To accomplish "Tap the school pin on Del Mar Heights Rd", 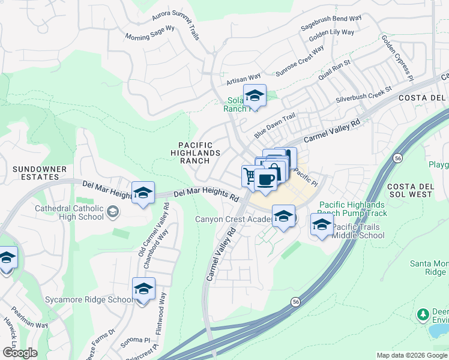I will [143, 193].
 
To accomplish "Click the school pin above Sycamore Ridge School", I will [143, 289].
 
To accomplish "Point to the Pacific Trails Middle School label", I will [358, 231].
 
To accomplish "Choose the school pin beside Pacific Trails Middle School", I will [322, 225].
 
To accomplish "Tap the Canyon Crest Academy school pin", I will [283, 217].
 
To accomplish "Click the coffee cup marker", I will [265, 179].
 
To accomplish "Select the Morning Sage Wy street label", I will [150, 32].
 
